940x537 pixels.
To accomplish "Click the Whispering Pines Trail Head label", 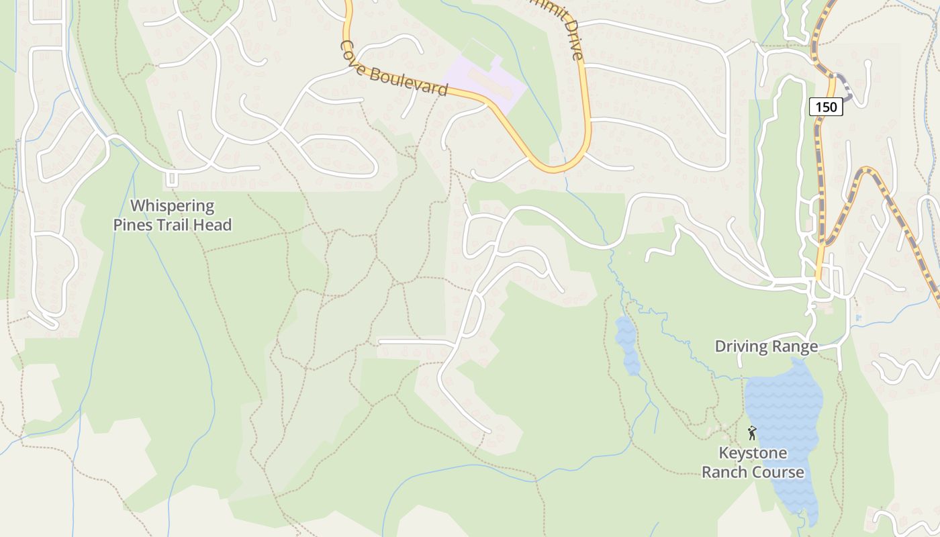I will [x=172, y=215].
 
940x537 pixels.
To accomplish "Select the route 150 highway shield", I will [x=825, y=107].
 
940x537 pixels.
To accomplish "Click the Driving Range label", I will [x=766, y=346].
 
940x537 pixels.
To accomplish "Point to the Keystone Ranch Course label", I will [x=753, y=462].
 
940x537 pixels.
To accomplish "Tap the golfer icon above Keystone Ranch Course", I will [x=752, y=433].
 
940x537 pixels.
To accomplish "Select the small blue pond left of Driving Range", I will [x=628, y=344].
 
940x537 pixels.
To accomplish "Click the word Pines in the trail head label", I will [x=138, y=225].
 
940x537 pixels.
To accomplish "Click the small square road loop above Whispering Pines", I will [x=171, y=179].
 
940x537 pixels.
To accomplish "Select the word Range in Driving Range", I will [x=796, y=346].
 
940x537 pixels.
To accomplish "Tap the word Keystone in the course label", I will [x=753, y=453].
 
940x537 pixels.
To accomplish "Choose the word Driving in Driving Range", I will [x=741, y=346].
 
